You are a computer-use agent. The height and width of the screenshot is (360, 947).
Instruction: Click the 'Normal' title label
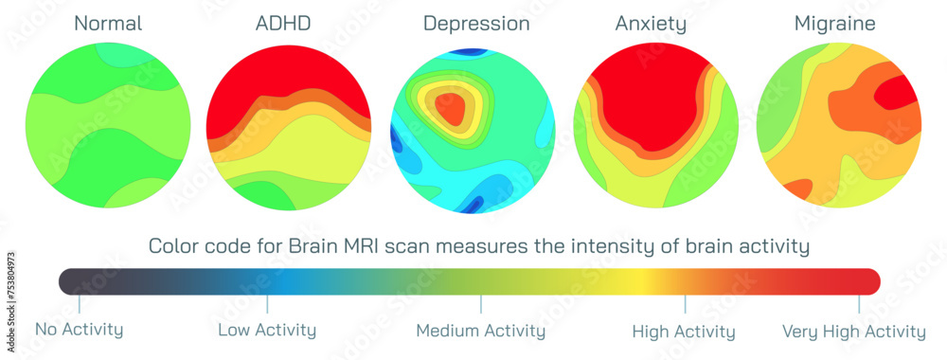pos(107,24)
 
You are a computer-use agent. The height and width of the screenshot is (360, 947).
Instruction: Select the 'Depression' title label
pos(475,24)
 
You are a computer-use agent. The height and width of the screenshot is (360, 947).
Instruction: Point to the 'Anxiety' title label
pos(652,24)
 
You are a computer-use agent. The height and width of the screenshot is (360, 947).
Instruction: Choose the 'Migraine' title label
pos(836,24)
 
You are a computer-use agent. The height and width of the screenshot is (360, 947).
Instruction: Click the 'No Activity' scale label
pos(80,331)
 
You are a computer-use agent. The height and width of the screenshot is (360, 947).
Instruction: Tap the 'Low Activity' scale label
pos(267,331)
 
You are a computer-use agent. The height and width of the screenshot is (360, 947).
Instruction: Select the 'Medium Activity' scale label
pos(480,331)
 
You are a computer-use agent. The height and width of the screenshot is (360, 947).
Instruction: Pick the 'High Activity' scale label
pos(684,332)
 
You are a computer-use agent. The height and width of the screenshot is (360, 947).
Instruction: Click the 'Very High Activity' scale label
pos(853,332)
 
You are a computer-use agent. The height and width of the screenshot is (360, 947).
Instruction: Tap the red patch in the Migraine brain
pos(894,95)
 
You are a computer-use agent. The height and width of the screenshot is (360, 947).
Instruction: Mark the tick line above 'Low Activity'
pos(267,304)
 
